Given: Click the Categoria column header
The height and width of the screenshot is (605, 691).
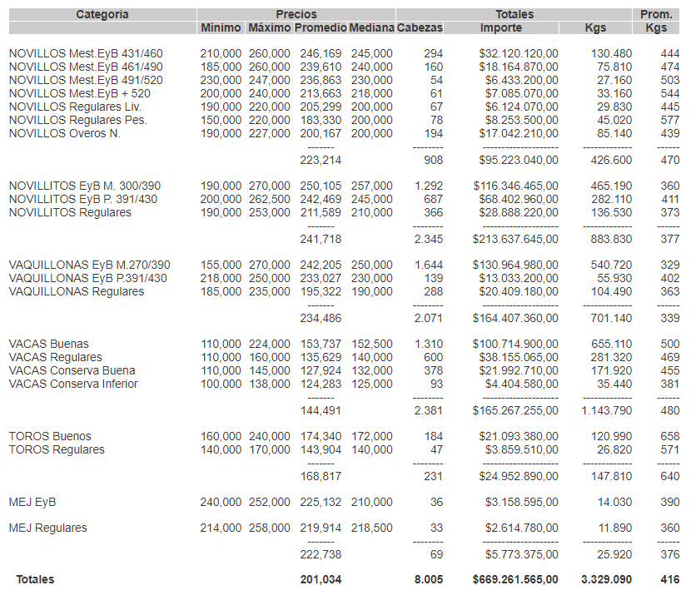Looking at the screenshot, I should [x=102, y=14].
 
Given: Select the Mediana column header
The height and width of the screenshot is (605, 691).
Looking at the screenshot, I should [x=371, y=27].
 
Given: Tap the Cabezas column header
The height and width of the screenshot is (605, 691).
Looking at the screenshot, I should [x=420, y=27].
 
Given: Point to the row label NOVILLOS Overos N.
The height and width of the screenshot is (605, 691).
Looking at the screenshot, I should [x=65, y=133].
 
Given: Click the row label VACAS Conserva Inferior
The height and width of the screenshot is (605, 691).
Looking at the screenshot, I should [x=73, y=384].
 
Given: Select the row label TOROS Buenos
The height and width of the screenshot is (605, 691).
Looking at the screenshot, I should [x=50, y=436].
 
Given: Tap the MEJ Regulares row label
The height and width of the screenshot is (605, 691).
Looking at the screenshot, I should [x=47, y=528].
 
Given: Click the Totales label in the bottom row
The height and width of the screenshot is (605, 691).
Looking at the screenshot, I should [x=35, y=579].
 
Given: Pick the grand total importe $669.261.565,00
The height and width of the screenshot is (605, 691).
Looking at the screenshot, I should [x=515, y=579].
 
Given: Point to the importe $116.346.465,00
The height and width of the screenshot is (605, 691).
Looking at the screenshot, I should [x=515, y=186].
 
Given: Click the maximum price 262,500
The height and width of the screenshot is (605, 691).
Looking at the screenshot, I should [x=269, y=199].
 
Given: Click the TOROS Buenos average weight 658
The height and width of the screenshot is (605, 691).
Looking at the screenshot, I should [x=670, y=436].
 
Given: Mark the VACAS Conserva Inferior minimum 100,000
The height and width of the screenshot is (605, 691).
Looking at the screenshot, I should [x=221, y=384].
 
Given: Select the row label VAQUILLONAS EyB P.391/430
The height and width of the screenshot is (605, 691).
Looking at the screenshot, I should [x=87, y=278].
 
